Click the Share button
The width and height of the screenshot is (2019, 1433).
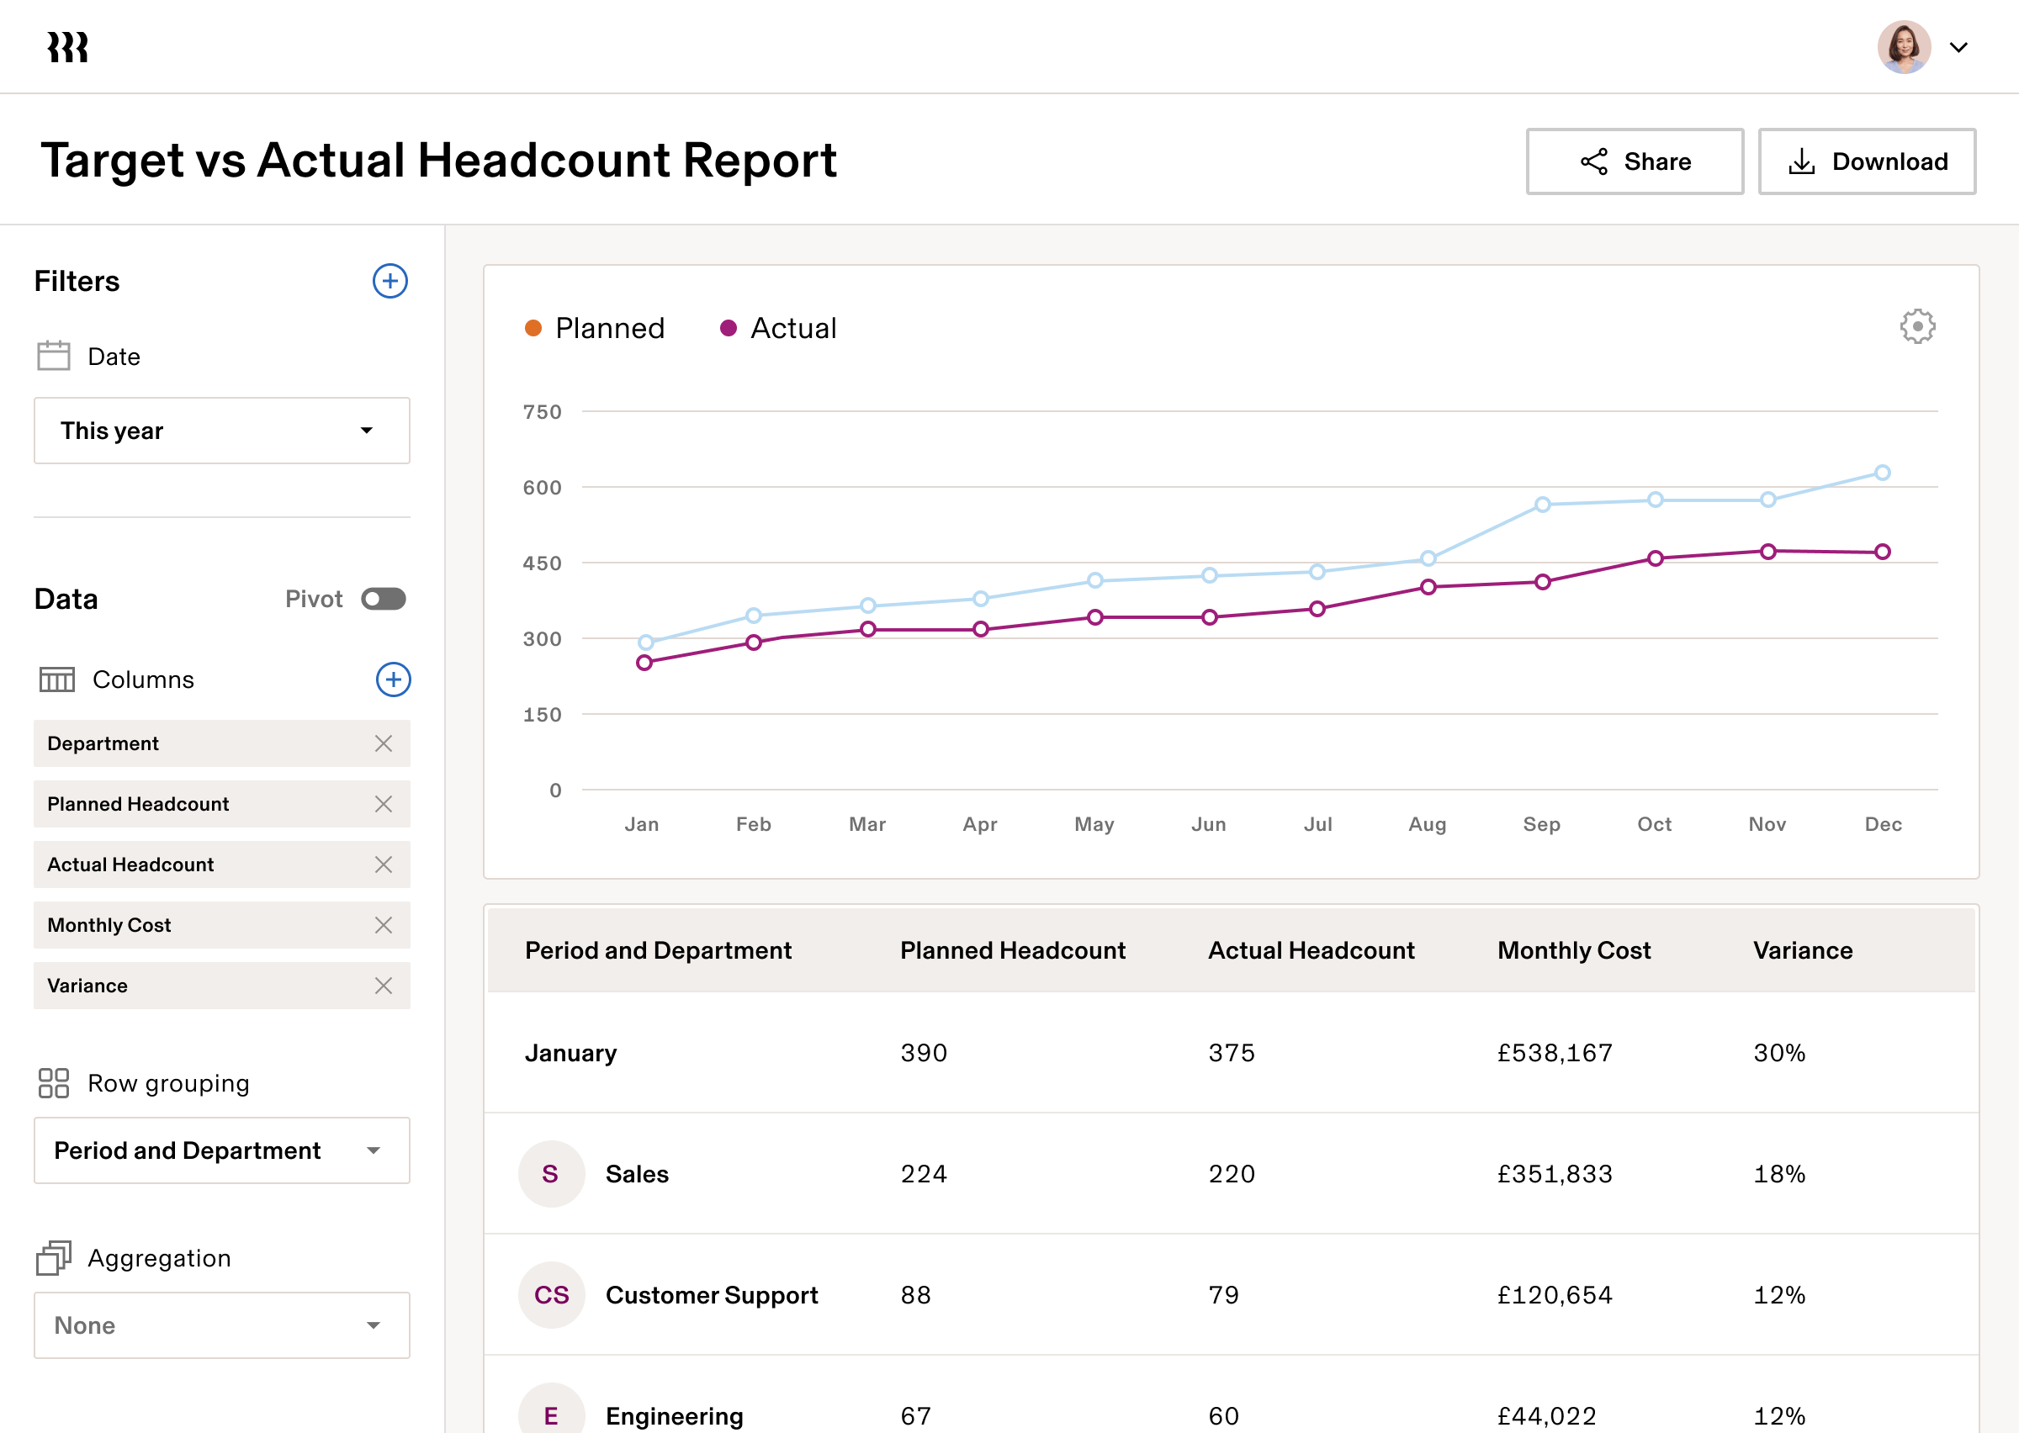1635,161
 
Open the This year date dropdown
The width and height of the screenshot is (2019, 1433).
221,431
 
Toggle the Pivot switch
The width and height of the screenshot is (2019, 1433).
383,599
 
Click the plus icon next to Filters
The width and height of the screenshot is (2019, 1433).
390,282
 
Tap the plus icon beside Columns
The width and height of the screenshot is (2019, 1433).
394,679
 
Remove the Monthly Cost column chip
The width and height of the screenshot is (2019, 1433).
383,925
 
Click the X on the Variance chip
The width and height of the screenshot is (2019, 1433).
383,986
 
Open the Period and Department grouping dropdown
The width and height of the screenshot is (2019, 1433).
221,1150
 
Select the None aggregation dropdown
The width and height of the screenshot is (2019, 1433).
221,1325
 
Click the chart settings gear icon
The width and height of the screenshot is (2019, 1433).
1917,326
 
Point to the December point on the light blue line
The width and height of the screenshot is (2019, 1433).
1882,473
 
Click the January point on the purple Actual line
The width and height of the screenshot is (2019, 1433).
644,663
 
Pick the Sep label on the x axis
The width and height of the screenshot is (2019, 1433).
1542,824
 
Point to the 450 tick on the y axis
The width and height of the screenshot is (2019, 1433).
542,563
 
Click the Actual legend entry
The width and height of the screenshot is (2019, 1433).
778,328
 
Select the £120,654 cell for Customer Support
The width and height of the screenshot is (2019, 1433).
1555,1294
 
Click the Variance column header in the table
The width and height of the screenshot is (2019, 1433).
1802,950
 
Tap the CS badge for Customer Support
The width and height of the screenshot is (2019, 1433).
552,1294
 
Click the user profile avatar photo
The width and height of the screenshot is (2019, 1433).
1904,47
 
